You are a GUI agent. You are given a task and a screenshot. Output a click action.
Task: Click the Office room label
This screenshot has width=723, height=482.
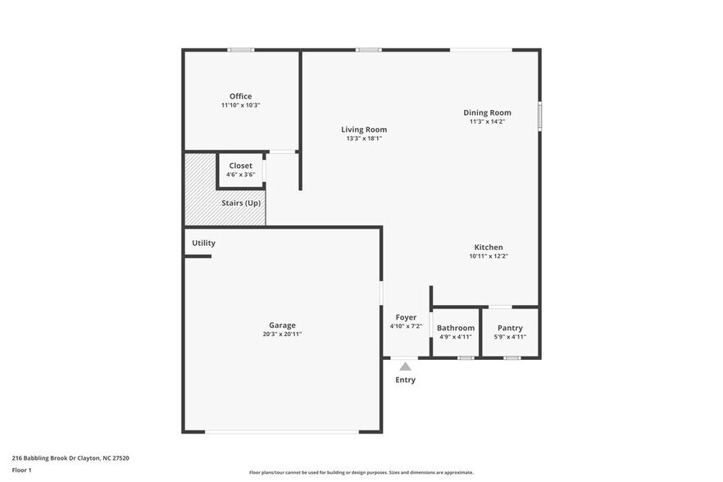240,96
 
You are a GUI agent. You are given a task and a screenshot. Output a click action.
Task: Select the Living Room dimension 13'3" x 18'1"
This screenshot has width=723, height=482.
364,139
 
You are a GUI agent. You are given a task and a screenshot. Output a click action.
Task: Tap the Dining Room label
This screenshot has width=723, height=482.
487,112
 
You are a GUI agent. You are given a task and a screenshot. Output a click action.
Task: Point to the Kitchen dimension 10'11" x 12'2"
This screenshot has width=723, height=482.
488,257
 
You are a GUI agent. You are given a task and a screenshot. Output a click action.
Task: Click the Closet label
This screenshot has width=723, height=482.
240,166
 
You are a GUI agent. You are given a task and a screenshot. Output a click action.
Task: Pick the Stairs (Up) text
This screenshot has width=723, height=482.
241,202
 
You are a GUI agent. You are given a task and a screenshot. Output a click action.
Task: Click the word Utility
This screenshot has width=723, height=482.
203,243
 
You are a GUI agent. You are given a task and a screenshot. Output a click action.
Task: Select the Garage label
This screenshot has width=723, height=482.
282,325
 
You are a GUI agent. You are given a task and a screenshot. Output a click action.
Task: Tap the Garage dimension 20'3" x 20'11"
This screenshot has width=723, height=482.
282,334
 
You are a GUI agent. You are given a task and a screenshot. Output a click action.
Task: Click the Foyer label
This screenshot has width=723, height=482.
406,317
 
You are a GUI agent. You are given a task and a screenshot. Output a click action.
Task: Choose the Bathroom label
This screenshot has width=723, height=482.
455,328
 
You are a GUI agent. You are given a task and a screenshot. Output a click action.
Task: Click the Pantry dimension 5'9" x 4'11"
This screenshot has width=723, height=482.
510,337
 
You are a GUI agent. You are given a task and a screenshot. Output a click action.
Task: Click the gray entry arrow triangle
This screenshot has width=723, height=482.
405,366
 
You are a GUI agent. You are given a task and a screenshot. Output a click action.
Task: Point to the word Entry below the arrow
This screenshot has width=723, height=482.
405,380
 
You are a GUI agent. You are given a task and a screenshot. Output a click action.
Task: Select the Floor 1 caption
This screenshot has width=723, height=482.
22,470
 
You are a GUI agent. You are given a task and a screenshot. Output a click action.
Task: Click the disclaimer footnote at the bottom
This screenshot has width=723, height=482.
361,472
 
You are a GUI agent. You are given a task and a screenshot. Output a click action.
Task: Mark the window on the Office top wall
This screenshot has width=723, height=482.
240,50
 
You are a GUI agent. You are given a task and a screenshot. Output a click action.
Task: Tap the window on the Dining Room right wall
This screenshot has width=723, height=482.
539,114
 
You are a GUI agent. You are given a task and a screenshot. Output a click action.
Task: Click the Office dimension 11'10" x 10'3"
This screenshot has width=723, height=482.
240,106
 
